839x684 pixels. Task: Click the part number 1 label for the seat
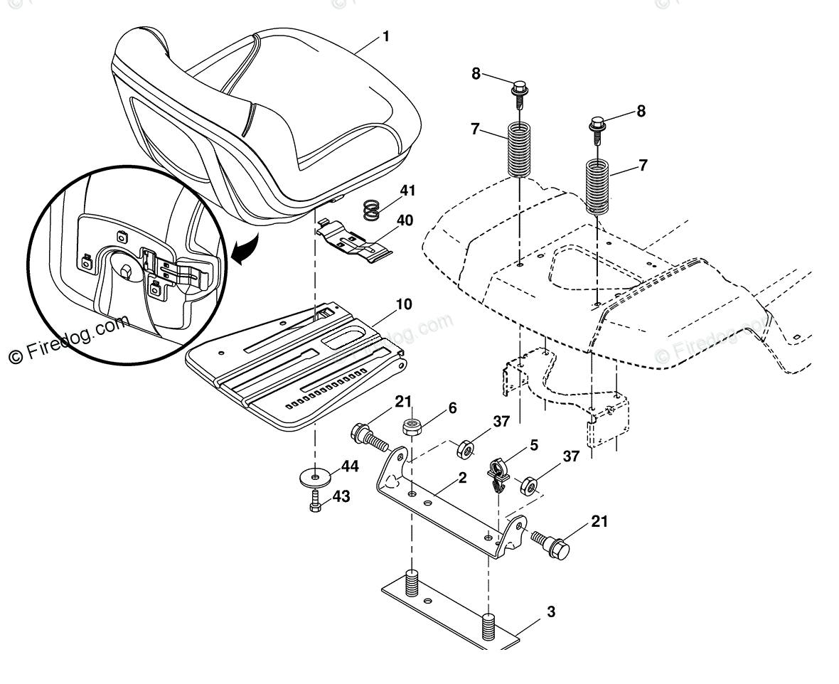point(386,36)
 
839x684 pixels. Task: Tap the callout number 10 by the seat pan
point(404,305)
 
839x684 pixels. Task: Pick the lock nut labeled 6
point(410,427)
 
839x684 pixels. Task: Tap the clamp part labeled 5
point(496,473)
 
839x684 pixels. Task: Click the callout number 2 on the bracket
point(462,478)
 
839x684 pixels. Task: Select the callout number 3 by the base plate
point(551,611)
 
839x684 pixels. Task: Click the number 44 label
point(350,466)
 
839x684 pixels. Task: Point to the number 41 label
point(407,191)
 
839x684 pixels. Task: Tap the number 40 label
point(404,220)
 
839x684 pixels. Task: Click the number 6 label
point(452,408)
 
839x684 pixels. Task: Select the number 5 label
point(533,445)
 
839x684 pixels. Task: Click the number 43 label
point(341,497)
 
